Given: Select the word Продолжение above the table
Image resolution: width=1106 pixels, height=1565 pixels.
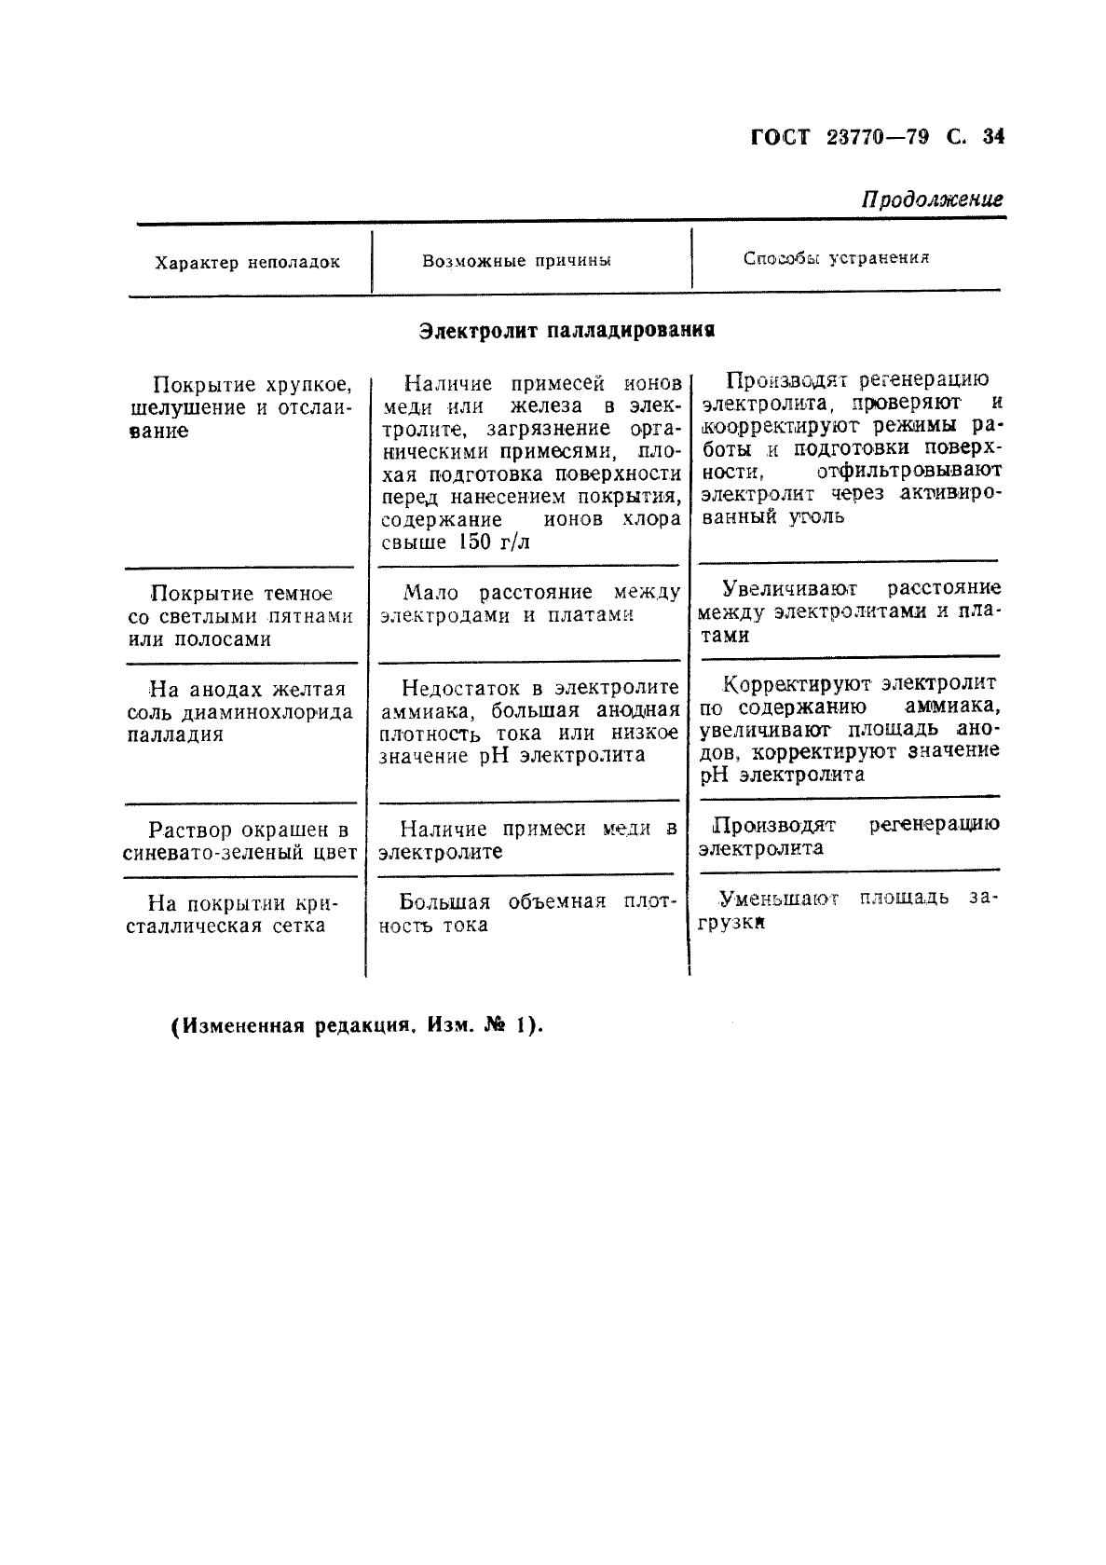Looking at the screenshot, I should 931,199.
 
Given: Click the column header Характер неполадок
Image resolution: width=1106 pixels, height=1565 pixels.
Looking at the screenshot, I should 247,263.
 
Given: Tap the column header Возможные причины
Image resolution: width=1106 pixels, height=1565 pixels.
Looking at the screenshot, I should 516,262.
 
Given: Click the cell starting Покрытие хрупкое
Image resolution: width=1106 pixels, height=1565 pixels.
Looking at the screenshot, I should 240,407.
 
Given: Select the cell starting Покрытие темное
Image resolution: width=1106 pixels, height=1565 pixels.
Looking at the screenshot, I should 240,616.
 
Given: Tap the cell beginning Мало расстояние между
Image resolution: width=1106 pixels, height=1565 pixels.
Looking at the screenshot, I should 528,604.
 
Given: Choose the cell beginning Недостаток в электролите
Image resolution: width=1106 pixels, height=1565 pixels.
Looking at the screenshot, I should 528,721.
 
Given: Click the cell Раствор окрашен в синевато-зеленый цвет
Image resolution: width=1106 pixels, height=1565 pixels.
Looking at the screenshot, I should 240,841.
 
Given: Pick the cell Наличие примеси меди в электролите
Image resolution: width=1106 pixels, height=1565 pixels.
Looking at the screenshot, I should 528,840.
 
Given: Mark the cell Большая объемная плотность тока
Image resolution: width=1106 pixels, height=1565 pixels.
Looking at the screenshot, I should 528,913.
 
